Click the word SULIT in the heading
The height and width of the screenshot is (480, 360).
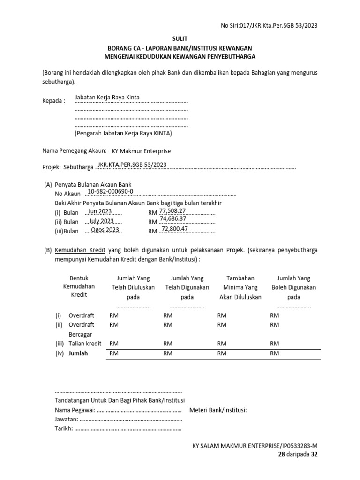point(180,39)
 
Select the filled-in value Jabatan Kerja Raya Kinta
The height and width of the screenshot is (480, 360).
point(107,97)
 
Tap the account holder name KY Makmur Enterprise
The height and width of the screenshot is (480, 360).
point(141,151)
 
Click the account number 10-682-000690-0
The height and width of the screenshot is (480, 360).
point(111,192)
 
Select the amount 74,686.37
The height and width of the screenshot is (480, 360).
point(173,219)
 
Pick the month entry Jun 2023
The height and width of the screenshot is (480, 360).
point(99,211)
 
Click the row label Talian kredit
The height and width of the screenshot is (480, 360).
point(85,344)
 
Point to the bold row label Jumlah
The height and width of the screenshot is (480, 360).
point(78,353)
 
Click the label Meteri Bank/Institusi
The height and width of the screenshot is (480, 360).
point(218,410)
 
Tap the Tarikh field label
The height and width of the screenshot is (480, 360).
point(64,429)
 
